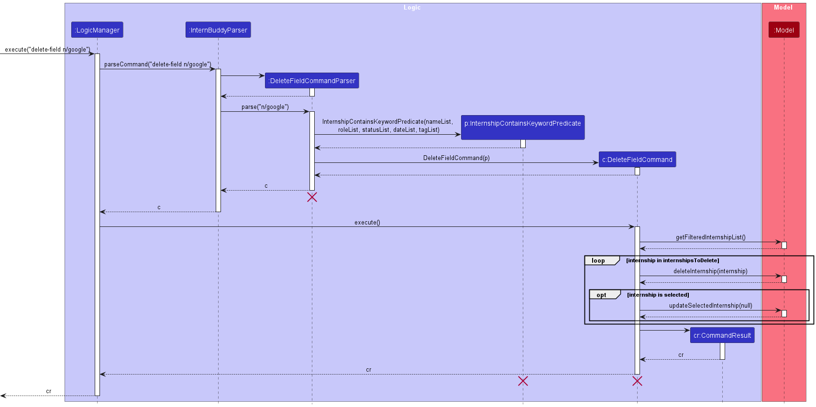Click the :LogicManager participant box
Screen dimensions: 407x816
click(97, 30)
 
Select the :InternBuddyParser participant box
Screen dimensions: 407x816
click(218, 30)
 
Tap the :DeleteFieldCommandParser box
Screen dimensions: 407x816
click(312, 81)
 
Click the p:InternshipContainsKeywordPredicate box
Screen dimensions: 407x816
click(522, 124)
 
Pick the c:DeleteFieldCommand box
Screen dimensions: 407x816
click(637, 160)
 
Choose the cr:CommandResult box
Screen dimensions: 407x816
click(722, 335)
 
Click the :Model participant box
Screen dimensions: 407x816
click(783, 30)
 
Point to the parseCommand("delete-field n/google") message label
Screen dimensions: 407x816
click(157, 64)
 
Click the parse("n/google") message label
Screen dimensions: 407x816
click(265, 107)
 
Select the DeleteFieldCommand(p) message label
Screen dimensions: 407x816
click(456, 158)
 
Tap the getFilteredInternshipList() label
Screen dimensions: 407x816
click(710, 237)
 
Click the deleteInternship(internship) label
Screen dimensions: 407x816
click(710, 271)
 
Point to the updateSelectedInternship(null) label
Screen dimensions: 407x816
click(710, 306)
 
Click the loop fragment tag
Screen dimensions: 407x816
click(598, 261)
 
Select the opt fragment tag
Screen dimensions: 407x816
click(601, 295)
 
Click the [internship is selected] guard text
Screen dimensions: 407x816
click(658, 295)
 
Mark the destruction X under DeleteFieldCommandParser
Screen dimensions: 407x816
click(312, 197)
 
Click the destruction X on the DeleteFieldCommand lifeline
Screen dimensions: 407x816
click(637, 381)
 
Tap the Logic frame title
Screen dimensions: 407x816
click(412, 8)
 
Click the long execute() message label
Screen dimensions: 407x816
click(367, 223)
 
